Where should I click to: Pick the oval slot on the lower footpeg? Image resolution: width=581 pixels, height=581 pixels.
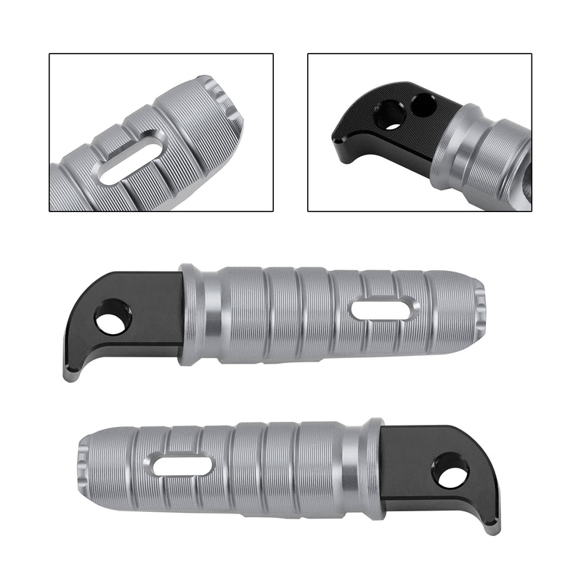tap(182, 466)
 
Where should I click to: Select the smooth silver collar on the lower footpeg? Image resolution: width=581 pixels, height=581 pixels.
tap(355, 469)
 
